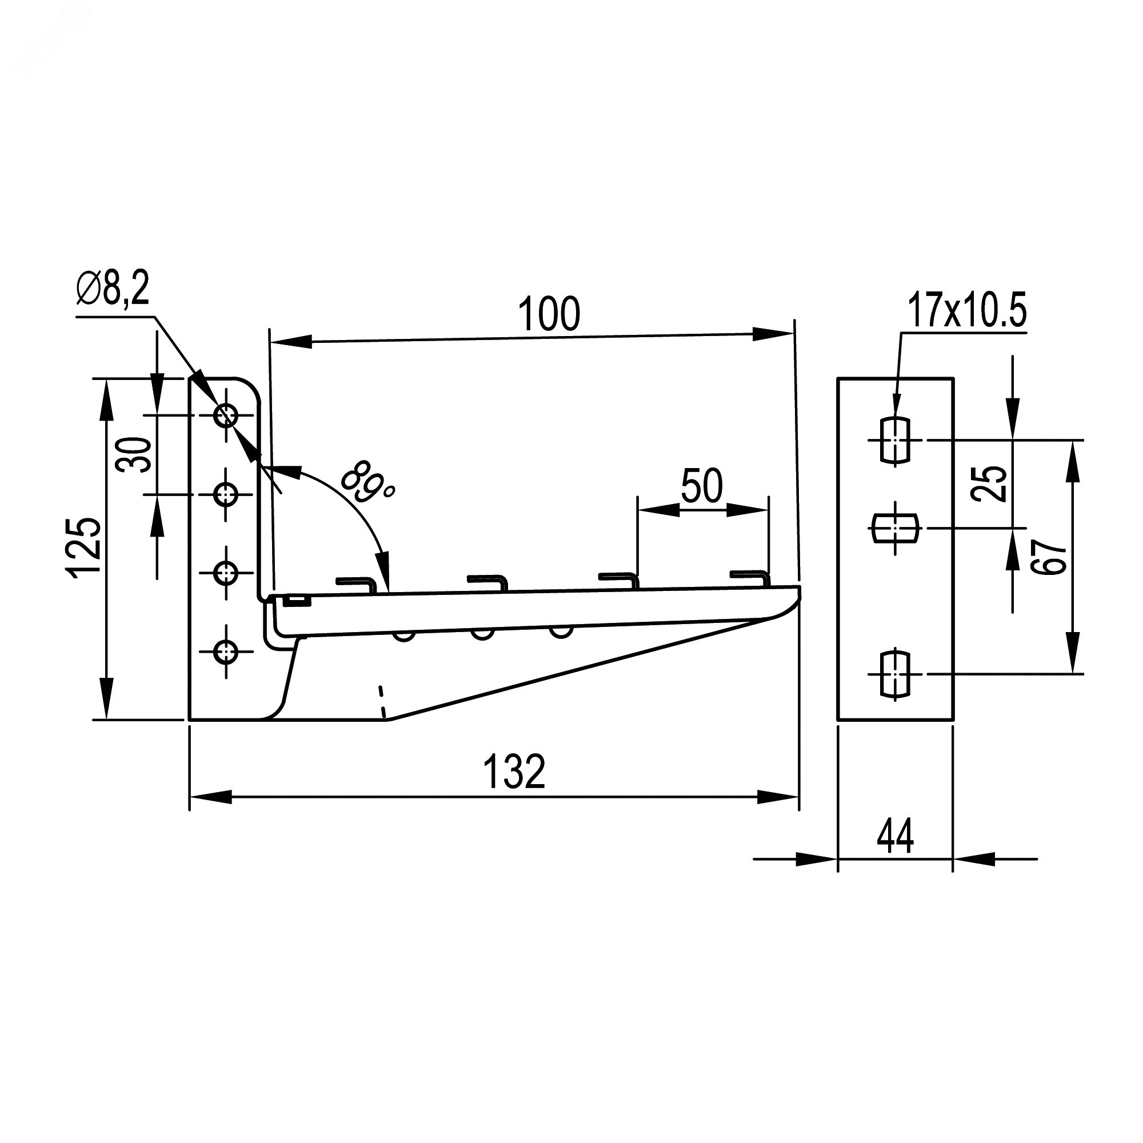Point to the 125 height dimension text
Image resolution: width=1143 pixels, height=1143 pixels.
[83, 548]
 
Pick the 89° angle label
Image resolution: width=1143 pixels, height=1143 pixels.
[367, 482]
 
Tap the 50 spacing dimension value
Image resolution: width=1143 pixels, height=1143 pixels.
[702, 486]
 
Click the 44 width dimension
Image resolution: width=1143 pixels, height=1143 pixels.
[895, 837]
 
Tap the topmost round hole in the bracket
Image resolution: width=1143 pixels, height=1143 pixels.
[226, 415]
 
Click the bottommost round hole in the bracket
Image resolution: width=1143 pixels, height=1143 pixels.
[226, 652]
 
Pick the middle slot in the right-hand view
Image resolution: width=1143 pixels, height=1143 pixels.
[896, 527]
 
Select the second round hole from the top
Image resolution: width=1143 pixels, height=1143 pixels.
[226, 494]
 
